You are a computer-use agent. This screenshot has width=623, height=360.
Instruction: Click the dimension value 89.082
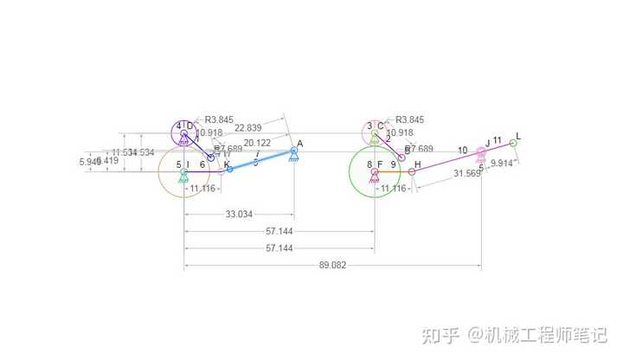tap(332, 266)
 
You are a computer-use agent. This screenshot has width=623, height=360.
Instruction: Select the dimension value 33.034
tap(239, 214)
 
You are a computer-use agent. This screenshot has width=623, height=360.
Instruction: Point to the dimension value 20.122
tap(258, 143)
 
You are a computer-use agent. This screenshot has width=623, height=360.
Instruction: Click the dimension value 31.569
tap(467, 173)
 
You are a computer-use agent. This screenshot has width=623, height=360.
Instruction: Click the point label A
tap(299, 144)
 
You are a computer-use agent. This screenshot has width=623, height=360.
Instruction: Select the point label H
tap(418, 164)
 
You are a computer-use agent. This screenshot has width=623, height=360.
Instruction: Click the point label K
tap(227, 164)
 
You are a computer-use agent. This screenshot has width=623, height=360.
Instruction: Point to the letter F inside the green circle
tap(379, 164)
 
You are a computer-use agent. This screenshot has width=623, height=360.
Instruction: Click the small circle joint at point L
tap(513, 143)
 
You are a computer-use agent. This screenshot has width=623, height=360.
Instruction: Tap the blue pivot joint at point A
tap(294, 151)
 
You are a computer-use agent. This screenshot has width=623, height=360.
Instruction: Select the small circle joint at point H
tap(412, 171)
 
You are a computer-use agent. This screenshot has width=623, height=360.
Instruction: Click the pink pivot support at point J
tap(482, 152)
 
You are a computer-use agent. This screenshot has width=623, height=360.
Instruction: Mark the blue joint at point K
tap(229, 170)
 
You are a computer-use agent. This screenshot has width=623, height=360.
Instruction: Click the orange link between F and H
tap(394, 171)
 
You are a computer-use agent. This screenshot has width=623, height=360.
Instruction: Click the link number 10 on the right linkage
tap(463, 151)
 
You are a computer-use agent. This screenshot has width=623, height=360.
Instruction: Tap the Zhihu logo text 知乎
tap(439, 334)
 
